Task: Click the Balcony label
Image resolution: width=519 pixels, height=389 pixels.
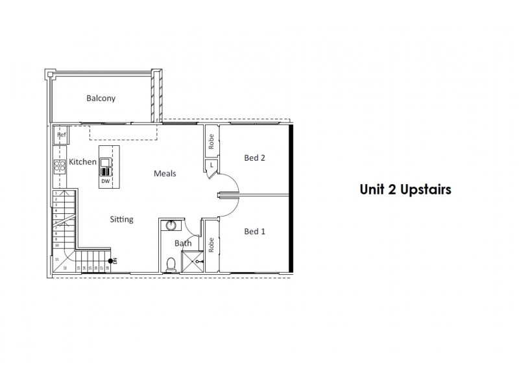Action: pos(101,99)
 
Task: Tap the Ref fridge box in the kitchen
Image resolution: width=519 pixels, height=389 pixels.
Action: pos(62,136)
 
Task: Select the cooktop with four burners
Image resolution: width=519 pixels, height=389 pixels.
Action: pos(60,167)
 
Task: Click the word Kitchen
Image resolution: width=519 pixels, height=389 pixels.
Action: pos(83,161)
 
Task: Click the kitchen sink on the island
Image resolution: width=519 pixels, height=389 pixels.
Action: pos(105,168)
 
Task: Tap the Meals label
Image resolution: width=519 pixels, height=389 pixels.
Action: pos(165,174)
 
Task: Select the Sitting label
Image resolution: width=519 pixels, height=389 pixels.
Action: pos(121,219)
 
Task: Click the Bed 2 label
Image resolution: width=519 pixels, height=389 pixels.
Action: pos(255,158)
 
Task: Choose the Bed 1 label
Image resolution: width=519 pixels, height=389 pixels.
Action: pos(255,231)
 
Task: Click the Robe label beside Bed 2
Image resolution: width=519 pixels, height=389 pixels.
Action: pos(211,141)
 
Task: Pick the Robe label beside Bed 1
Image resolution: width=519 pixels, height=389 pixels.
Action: pos(211,244)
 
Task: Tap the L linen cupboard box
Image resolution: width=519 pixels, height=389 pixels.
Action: pos(211,167)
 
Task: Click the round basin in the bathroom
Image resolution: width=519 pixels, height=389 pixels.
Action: pos(171,226)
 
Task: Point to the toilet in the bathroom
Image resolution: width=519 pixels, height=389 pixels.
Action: pos(171,263)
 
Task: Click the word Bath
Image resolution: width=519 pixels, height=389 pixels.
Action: pos(182,243)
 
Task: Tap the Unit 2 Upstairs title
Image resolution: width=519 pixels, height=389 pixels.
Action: pos(405,190)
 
